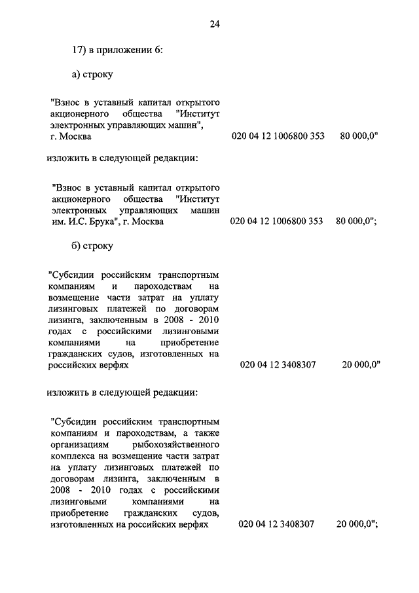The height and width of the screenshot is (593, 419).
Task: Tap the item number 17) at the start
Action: (79, 50)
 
